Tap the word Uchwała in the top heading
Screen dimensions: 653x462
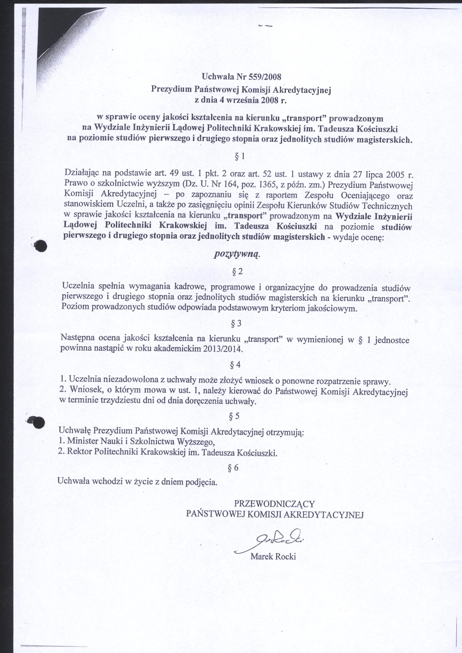click(216, 77)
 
